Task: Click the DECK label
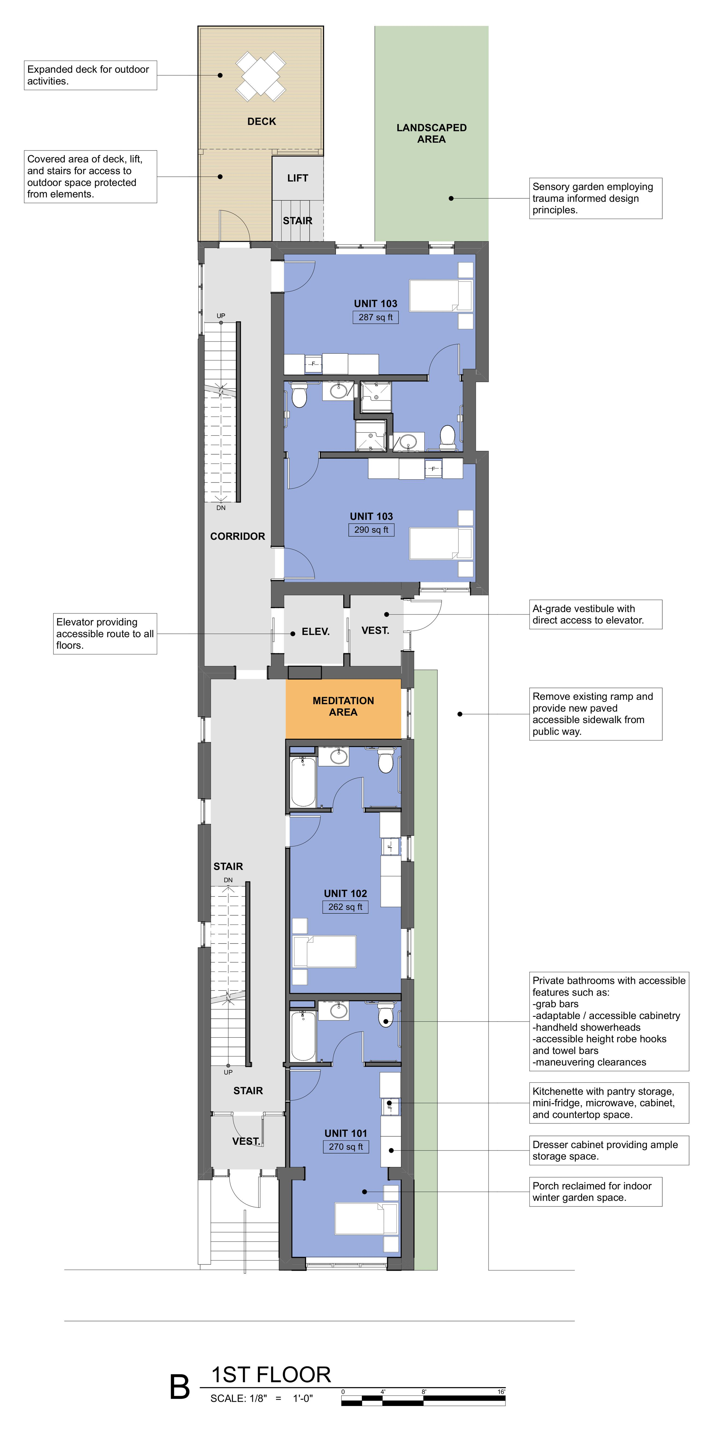tap(261, 121)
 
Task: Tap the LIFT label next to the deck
tap(297, 178)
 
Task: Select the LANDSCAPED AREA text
tap(431, 133)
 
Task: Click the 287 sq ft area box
tap(375, 317)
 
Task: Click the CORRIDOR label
tap(237, 536)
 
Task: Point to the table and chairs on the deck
tap(261, 76)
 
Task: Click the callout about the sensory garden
tap(596, 198)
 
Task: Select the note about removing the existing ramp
tap(596, 714)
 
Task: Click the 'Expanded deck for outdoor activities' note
tap(90, 75)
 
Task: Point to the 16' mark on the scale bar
tap(501, 1392)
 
